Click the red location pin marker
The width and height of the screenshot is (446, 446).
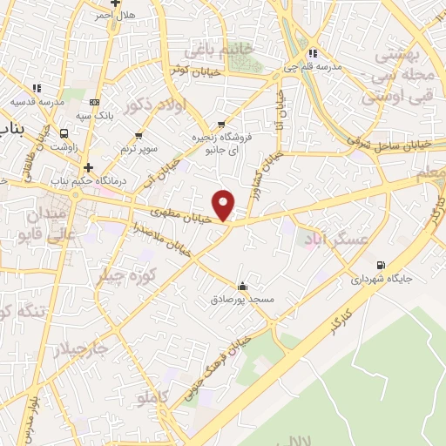[225, 206]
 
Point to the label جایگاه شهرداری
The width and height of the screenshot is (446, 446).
[380, 280]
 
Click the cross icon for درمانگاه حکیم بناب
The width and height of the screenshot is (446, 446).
[87, 166]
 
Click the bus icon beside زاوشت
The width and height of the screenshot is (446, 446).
[64, 133]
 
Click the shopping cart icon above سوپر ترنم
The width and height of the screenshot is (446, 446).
[139, 136]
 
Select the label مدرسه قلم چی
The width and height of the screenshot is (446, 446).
[315, 66]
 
